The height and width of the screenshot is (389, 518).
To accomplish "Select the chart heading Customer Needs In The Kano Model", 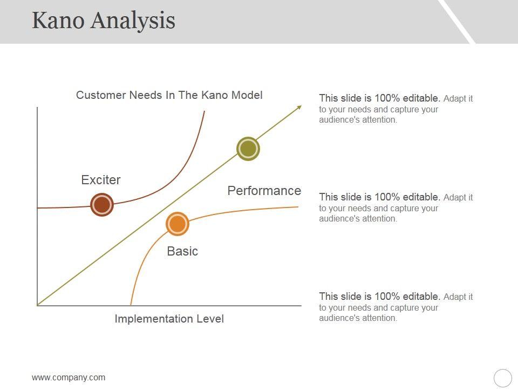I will coord(169,95).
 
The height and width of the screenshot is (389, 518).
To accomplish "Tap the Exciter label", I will coord(101,180).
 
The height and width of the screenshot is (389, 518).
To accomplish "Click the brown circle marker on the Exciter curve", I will coord(102,205).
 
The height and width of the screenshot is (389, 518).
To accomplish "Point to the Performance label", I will coord(264,191).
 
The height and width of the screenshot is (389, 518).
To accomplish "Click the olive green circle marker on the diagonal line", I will coord(248,149).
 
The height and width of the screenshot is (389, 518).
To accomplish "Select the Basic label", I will coord(182,251).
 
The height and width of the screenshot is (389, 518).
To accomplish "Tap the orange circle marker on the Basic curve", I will coord(178,224).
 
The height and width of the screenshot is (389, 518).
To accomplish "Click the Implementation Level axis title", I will coord(169,319).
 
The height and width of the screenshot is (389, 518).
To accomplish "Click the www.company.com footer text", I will coord(69,378).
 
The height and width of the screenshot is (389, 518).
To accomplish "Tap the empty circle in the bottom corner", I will coord(502,378).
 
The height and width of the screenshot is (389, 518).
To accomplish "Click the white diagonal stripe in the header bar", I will coord(456,22).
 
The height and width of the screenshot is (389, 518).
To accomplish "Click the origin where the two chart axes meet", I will coord(37,305).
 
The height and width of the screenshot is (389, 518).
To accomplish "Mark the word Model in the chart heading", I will coord(248,95).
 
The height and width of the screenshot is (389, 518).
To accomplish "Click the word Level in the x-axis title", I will coord(210,319).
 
